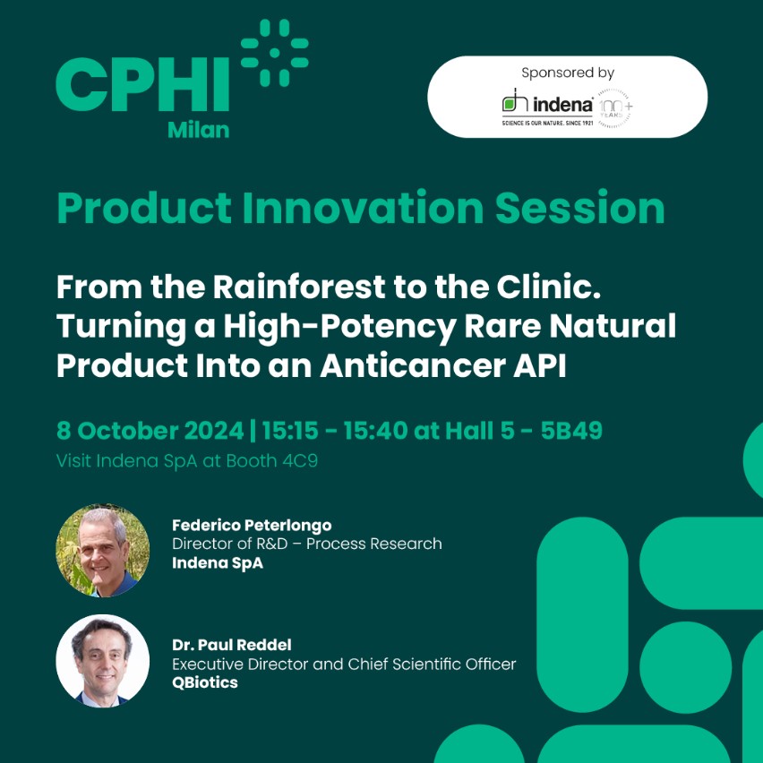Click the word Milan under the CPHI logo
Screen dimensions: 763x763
[199, 130]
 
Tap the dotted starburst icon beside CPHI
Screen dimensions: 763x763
[274, 53]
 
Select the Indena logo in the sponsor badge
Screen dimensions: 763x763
[547, 107]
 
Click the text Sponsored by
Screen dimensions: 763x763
[568, 73]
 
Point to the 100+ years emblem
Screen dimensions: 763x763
[615, 108]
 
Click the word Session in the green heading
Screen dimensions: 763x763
[580, 208]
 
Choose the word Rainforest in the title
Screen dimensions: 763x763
[299, 287]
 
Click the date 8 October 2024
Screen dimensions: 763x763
[150, 431]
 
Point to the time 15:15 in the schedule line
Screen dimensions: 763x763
[290, 431]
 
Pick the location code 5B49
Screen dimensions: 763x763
[571, 431]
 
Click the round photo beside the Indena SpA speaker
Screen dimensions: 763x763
[103, 551]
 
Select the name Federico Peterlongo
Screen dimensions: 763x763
[252, 525]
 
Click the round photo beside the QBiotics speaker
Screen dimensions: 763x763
[103, 661]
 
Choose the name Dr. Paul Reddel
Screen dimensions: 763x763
[232, 646]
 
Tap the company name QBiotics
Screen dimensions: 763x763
[205, 682]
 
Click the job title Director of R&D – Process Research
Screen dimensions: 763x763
[307, 544]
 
